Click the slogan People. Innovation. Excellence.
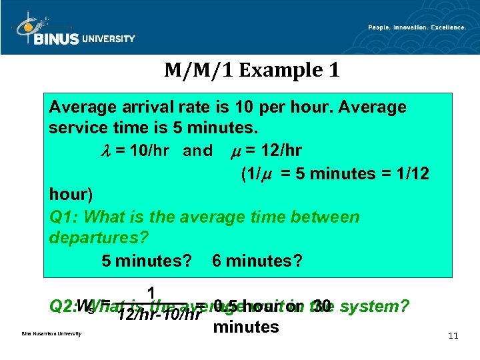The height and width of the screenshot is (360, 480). (x=417, y=27)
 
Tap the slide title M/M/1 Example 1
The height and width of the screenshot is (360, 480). (x=252, y=70)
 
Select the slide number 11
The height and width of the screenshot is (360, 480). (x=453, y=336)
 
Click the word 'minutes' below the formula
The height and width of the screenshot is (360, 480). (x=245, y=327)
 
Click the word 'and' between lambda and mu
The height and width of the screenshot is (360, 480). (x=197, y=151)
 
